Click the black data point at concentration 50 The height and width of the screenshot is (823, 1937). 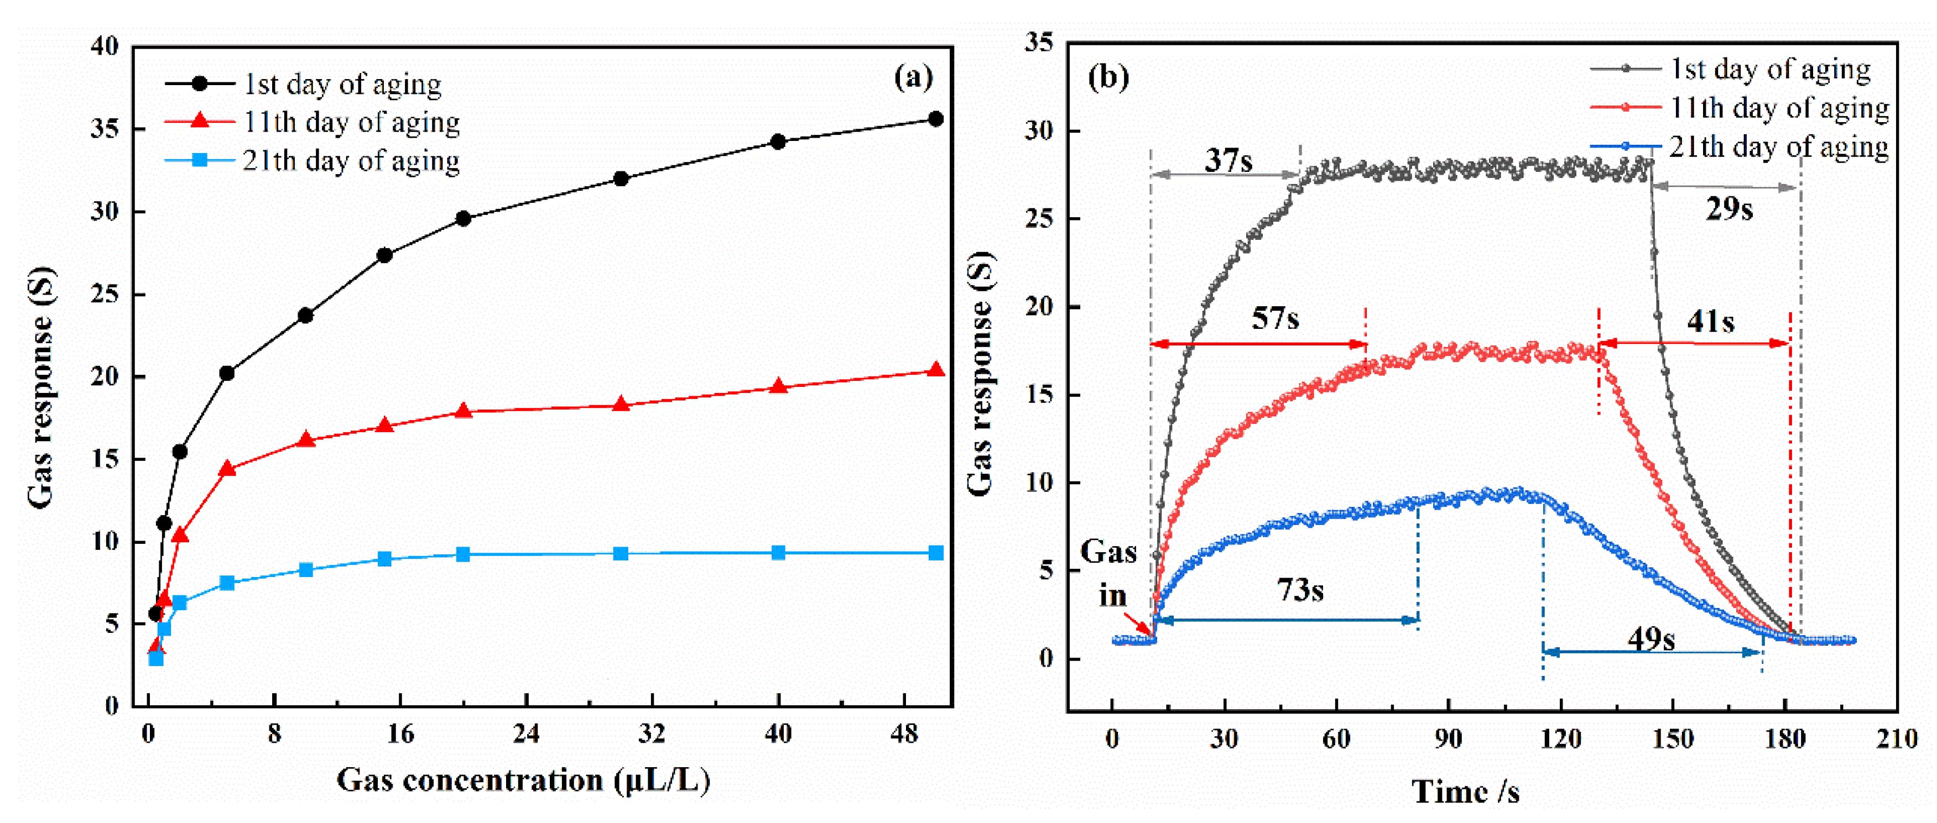[x=935, y=119]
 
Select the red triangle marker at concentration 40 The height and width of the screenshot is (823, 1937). [x=778, y=386]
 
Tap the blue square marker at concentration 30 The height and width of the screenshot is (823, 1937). [x=621, y=554]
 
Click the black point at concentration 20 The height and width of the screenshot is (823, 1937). [x=463, y=219]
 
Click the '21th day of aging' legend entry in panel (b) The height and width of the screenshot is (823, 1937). [x=1778, y=146]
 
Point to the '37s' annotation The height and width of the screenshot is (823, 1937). [x=1228, y=160]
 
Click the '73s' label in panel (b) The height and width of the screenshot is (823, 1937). [x=1300, y=590]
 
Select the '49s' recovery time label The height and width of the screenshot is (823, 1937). [x=1651, y=639]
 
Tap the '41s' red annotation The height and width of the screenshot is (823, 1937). [x=1711, y=322]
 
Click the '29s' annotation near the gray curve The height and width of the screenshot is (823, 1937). [x=1728, y=209]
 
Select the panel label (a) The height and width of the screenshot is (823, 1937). [x=913, y=77]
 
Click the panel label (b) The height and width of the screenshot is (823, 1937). [x=1108, y=77]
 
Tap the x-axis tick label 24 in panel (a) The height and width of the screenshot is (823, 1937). [x=525, y=733]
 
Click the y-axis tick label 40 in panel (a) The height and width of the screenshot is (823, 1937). [x=105, y=46]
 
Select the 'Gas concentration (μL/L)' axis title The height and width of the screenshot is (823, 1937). [x=523, y=780]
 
